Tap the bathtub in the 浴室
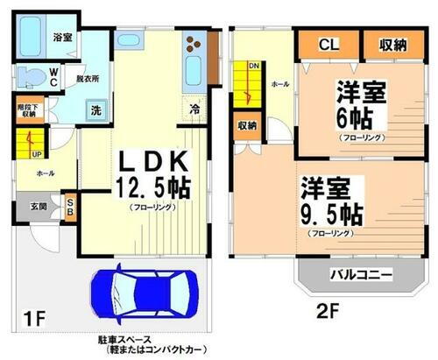tap(36, 37)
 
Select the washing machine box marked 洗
tap(95, 110)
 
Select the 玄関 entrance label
tap(39, 208)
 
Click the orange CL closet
tap(328, 44)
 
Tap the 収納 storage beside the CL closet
tap(391, 44)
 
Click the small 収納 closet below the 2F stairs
tap(246, 124)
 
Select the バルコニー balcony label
tap(360, 274)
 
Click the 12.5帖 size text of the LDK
tap(152, 186)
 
